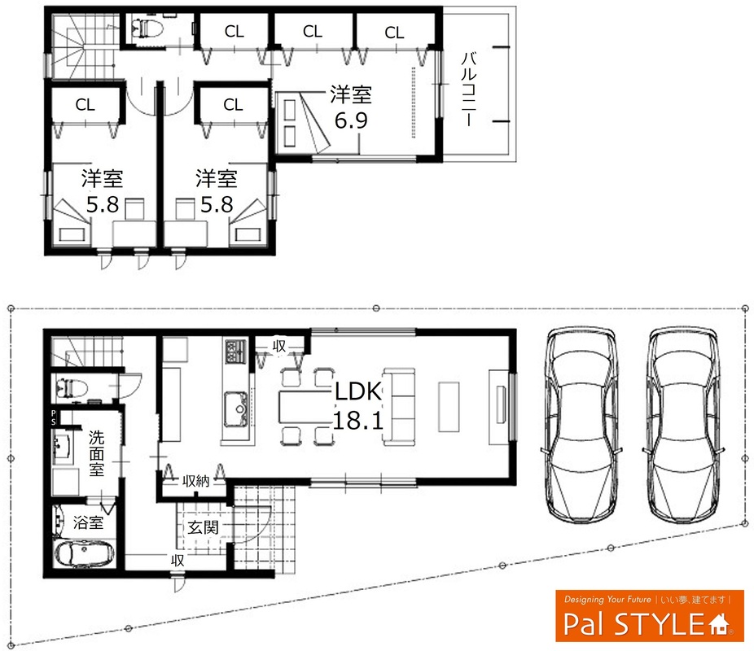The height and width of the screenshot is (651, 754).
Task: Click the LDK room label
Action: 357,391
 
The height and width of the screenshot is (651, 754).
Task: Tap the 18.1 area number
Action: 357,421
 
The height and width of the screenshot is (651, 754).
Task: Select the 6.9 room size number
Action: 351,120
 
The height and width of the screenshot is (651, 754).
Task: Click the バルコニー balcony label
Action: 469,89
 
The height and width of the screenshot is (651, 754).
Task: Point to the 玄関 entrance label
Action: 203,527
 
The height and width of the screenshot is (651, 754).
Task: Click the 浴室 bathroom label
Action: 88,522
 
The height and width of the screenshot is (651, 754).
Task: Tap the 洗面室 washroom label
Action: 96,453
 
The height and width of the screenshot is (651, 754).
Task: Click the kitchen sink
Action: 235,409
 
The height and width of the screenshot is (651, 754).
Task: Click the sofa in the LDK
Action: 399,408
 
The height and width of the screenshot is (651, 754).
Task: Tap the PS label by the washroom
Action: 54,417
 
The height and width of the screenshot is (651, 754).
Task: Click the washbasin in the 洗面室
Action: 62,448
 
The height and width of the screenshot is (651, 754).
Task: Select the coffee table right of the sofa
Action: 449,406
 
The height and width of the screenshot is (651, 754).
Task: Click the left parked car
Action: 581,426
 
